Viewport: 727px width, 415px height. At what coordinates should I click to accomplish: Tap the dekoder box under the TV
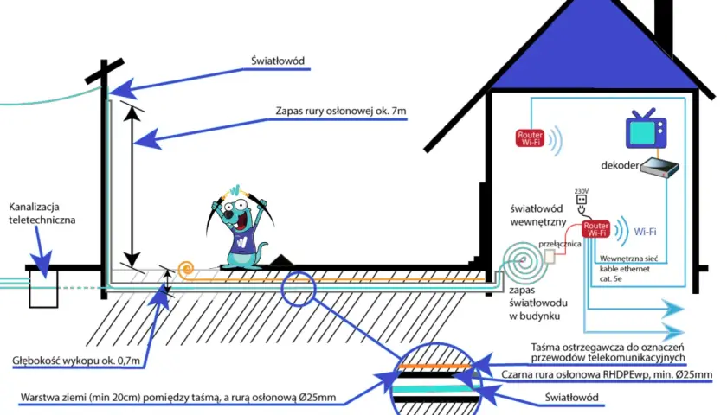tap(659, 167)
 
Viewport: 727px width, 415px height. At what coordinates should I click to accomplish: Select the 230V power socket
tap(581, 200)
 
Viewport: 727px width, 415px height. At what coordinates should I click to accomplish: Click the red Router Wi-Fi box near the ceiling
tap(530, 138)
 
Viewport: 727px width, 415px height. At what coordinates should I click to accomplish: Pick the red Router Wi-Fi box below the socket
tap(595, 229)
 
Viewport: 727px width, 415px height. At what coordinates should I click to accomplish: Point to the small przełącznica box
tap(550, 257)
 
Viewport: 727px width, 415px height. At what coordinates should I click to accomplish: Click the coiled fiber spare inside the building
tap(524, 262)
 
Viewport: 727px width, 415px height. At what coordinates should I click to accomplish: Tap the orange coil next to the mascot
tap(185, 269)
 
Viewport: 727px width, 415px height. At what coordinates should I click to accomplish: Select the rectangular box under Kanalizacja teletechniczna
tap(43, 289)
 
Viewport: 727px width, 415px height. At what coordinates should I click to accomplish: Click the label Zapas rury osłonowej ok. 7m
tap(341, 112)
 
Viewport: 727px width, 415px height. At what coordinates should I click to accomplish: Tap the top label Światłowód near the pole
tap(278, 61)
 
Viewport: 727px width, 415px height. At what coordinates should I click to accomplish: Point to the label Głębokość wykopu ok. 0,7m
tap(76, 361)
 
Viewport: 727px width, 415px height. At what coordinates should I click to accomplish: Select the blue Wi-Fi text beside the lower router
tap(645, 232)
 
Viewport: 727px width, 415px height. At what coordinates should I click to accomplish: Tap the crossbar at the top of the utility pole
tap(105, 71)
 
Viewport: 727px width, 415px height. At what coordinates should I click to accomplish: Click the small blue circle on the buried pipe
tap(298, 289)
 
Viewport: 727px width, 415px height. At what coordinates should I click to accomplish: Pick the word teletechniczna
tap(42, 220)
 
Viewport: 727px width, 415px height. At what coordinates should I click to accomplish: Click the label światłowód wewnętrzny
tap(537, 215)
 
